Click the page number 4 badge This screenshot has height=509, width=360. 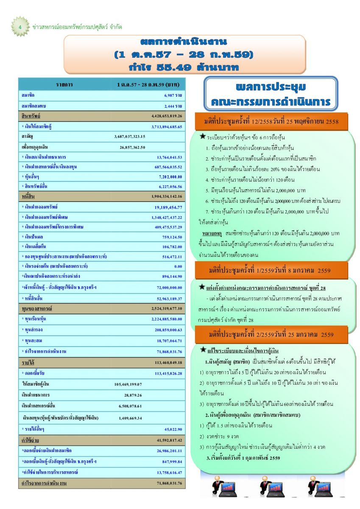(x=20, y=27)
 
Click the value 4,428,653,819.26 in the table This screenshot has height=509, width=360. (x=166, y=116)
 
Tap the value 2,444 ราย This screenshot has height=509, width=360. (x=173, y=105)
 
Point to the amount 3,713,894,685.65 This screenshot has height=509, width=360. (x=166, y=126)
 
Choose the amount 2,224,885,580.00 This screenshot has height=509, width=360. (x=166, y=319)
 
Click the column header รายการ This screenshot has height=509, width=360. (x=64, y=84)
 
